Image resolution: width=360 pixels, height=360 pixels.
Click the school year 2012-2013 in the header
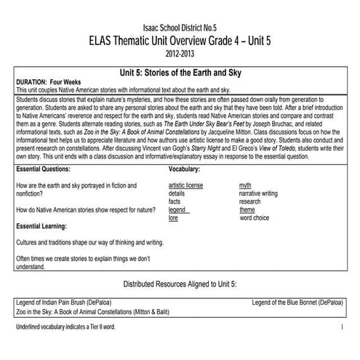click(180, 53)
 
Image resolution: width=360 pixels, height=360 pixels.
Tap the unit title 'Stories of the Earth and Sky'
click(180, 73)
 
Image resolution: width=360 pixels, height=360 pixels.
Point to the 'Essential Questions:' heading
click(44, 169)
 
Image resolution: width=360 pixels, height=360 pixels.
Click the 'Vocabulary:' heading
click(183, 169)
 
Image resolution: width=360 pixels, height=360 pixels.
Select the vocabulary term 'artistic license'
click(185, 185)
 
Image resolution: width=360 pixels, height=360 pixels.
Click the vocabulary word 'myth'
click(245, 185)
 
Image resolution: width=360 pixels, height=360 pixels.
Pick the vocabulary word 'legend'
click(178, 209)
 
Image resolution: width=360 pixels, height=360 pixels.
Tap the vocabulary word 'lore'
click(173, 217)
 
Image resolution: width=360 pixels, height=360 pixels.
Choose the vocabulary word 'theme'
click(247, 209)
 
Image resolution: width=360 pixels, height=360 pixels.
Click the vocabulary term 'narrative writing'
click(258, 193)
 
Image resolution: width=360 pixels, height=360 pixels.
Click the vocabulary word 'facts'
click(175, 201)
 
